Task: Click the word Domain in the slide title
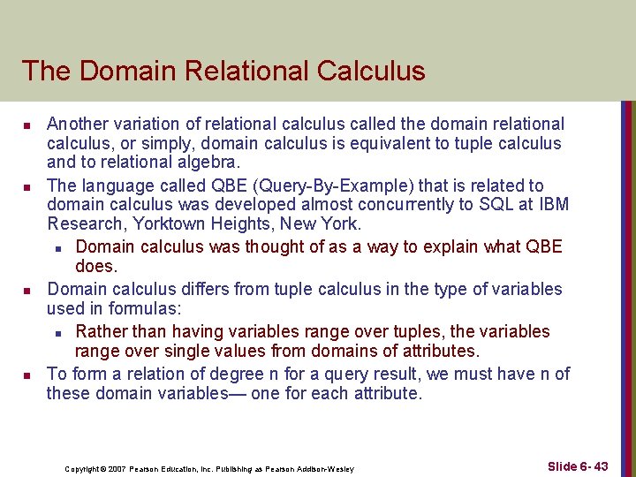click(123, 71)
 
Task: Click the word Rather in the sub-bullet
click(102, 331)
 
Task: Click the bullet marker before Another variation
click(27, 125)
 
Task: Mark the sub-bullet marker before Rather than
click(57, 333)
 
